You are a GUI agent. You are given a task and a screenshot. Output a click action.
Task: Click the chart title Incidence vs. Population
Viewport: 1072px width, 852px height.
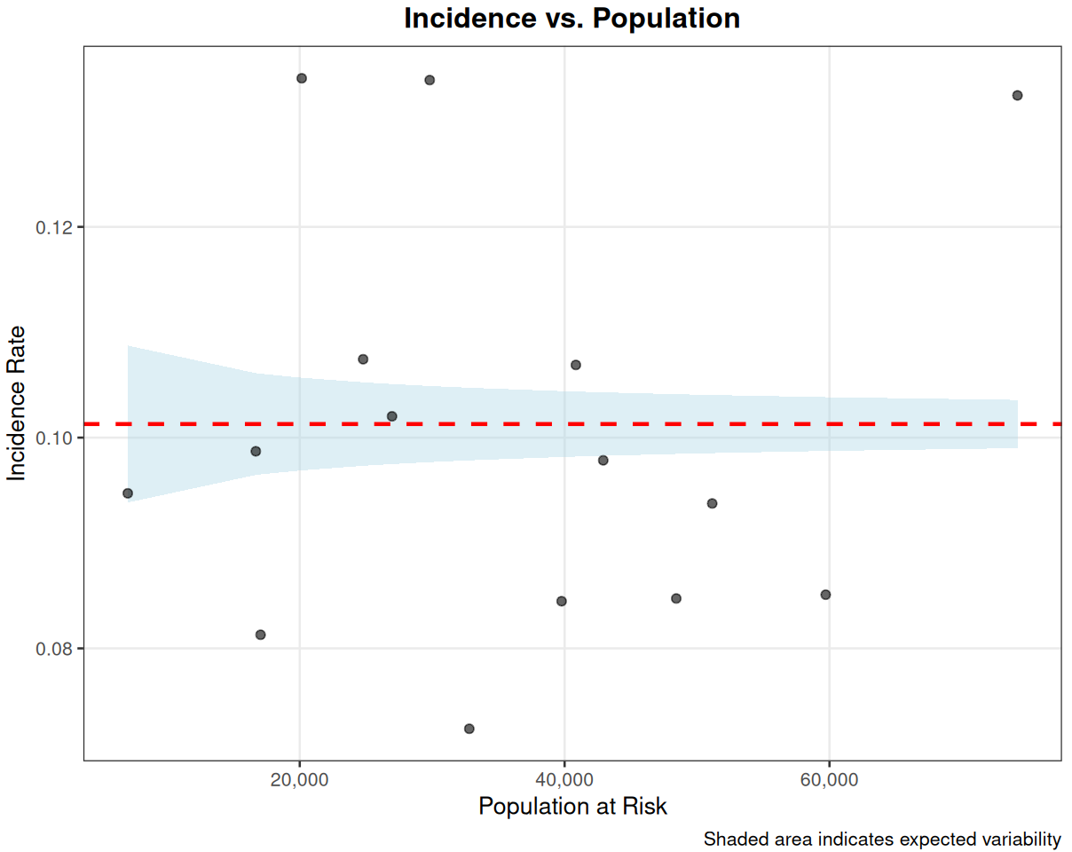(571, 19)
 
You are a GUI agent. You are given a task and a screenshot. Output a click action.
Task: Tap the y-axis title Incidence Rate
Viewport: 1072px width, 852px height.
(17, 404)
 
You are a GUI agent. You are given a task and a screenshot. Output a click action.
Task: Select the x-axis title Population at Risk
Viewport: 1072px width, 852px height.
(572, 806)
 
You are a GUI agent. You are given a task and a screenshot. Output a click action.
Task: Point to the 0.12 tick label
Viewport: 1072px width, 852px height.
(55, 227)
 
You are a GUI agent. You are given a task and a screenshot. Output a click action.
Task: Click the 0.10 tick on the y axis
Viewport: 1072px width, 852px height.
(55, 438)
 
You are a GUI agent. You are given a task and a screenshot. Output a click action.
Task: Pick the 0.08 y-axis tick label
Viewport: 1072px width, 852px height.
(55, 649)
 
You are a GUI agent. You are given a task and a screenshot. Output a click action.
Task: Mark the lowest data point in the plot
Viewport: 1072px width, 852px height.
(469, 729)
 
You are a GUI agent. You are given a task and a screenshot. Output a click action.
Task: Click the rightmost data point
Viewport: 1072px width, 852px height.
(1018, 95)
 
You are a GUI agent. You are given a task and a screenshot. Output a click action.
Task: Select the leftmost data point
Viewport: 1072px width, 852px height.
(128, 493)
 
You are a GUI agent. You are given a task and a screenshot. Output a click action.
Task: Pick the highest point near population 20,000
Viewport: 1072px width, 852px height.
(302, 78)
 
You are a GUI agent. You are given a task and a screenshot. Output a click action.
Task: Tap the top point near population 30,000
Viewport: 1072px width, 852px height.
(430, 80)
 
